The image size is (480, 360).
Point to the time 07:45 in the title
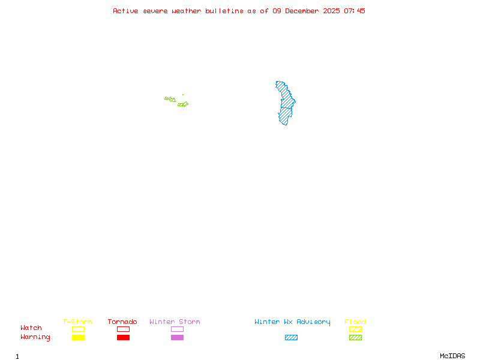pos(356,11)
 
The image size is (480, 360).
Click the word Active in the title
pos(125,11)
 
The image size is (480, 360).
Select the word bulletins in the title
pos(224,11)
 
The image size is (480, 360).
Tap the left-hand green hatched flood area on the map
pos(170,99)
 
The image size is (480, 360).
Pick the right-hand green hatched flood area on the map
pos(183,104)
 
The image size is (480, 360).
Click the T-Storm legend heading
pos(77,322)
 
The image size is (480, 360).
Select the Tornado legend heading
pos(122,322)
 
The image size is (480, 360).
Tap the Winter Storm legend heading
pos(175,322)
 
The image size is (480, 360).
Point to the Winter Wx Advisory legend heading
pos(292,322)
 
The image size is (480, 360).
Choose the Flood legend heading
pos(355,322)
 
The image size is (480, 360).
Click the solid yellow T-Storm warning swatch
pos(78,338)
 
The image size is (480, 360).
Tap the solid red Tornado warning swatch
pos(123,338)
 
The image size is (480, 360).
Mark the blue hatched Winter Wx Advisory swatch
pos(291,338)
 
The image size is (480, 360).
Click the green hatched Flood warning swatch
pos(355,338)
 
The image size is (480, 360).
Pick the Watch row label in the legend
pos(31,328)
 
